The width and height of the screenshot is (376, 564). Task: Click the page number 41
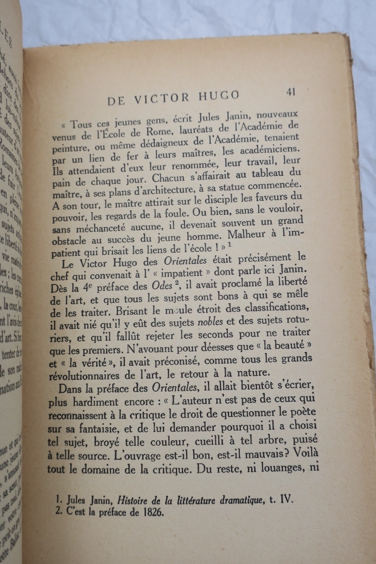291,92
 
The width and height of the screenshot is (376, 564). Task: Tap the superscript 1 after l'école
229,246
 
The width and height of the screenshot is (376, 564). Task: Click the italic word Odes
158,285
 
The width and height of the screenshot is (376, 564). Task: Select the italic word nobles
210,321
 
